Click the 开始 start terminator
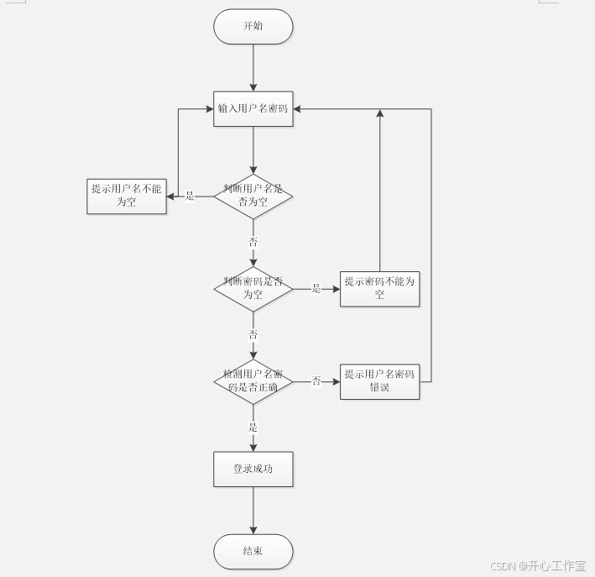coord(253,27)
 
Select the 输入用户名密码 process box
coord(253,108)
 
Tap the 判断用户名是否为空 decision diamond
coord(253,196)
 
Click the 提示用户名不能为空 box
coord(127,196)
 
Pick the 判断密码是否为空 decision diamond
coord(253,288)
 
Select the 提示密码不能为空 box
coord(379,288)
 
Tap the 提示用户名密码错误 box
coord(379,381)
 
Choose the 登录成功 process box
coord(253,469)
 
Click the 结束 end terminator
coord(253,551)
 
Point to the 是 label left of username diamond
coord(190,197)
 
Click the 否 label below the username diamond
coord(253,242)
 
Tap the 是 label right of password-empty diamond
coord(316,289)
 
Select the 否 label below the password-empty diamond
coord(253,334)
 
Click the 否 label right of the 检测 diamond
coord(316,381)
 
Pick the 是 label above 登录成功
coord(253,428)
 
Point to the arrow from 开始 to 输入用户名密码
coord(253,67)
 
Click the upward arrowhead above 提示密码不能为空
coord(380,114)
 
